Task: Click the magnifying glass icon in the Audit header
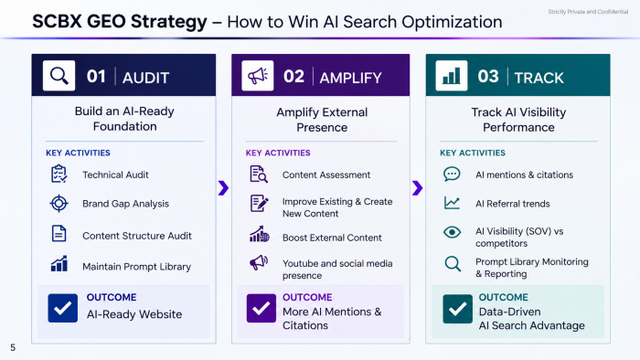[59, 76]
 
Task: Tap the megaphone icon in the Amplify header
[258, 76]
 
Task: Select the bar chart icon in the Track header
[452, 76]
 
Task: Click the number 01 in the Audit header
[96, 77]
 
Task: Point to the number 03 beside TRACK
[488, 77]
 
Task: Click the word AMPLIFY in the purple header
[350, 78]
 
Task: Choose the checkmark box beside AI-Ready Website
[62, 308]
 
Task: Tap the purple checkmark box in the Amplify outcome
[261, 308]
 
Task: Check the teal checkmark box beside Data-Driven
[457, 309]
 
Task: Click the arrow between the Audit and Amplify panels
[223, 188]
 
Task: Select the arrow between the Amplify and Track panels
[417, 188]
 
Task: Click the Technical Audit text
[115, 175]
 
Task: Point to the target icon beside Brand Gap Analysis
[59, 204]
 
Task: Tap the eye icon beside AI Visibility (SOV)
[452, 232]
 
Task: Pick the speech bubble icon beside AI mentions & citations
[452, 175]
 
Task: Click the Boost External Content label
[332, 238]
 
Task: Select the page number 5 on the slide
[13, 348]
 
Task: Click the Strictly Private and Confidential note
[588, 12]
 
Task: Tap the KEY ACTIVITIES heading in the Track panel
[473, 153]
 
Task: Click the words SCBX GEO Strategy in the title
[120, 22]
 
